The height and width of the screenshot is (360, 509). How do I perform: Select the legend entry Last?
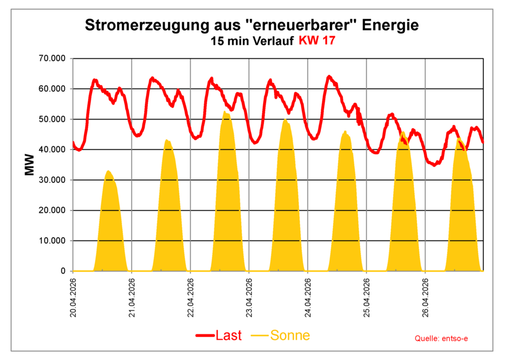(x=219, y=336)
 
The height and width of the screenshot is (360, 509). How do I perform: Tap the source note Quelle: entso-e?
(x=441, y=339)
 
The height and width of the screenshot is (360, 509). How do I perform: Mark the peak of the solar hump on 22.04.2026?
(x=226, y=112)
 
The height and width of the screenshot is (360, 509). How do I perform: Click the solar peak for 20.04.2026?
(x=108, y=171)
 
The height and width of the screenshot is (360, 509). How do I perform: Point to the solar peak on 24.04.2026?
(x=345, y=132)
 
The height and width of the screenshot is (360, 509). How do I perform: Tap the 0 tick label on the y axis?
(x=63, y=271)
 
